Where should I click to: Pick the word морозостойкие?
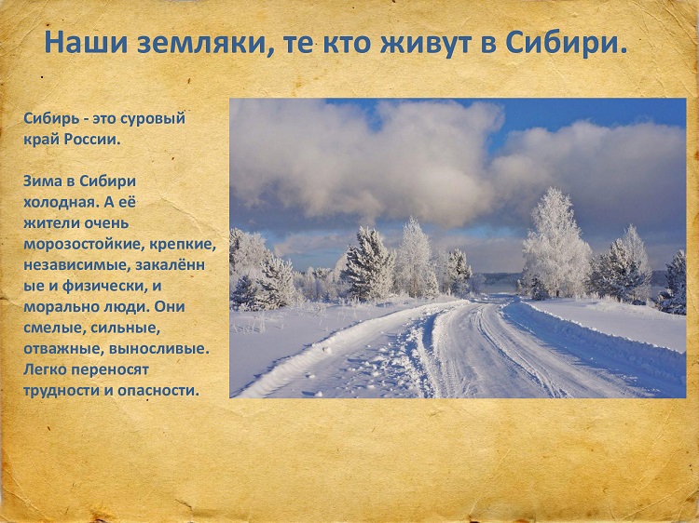click(x=84, y=245)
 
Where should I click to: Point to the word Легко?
click(x=46, y=369)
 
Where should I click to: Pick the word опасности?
click(x=158, y=391)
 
